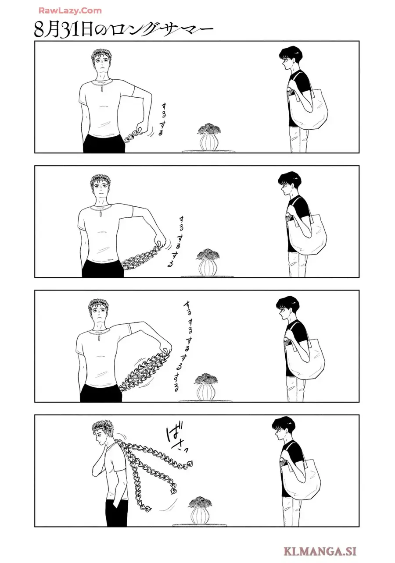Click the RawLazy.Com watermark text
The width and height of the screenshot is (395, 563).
(x=70, y=11)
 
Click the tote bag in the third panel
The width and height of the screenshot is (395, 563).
(x=306, y=355)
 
